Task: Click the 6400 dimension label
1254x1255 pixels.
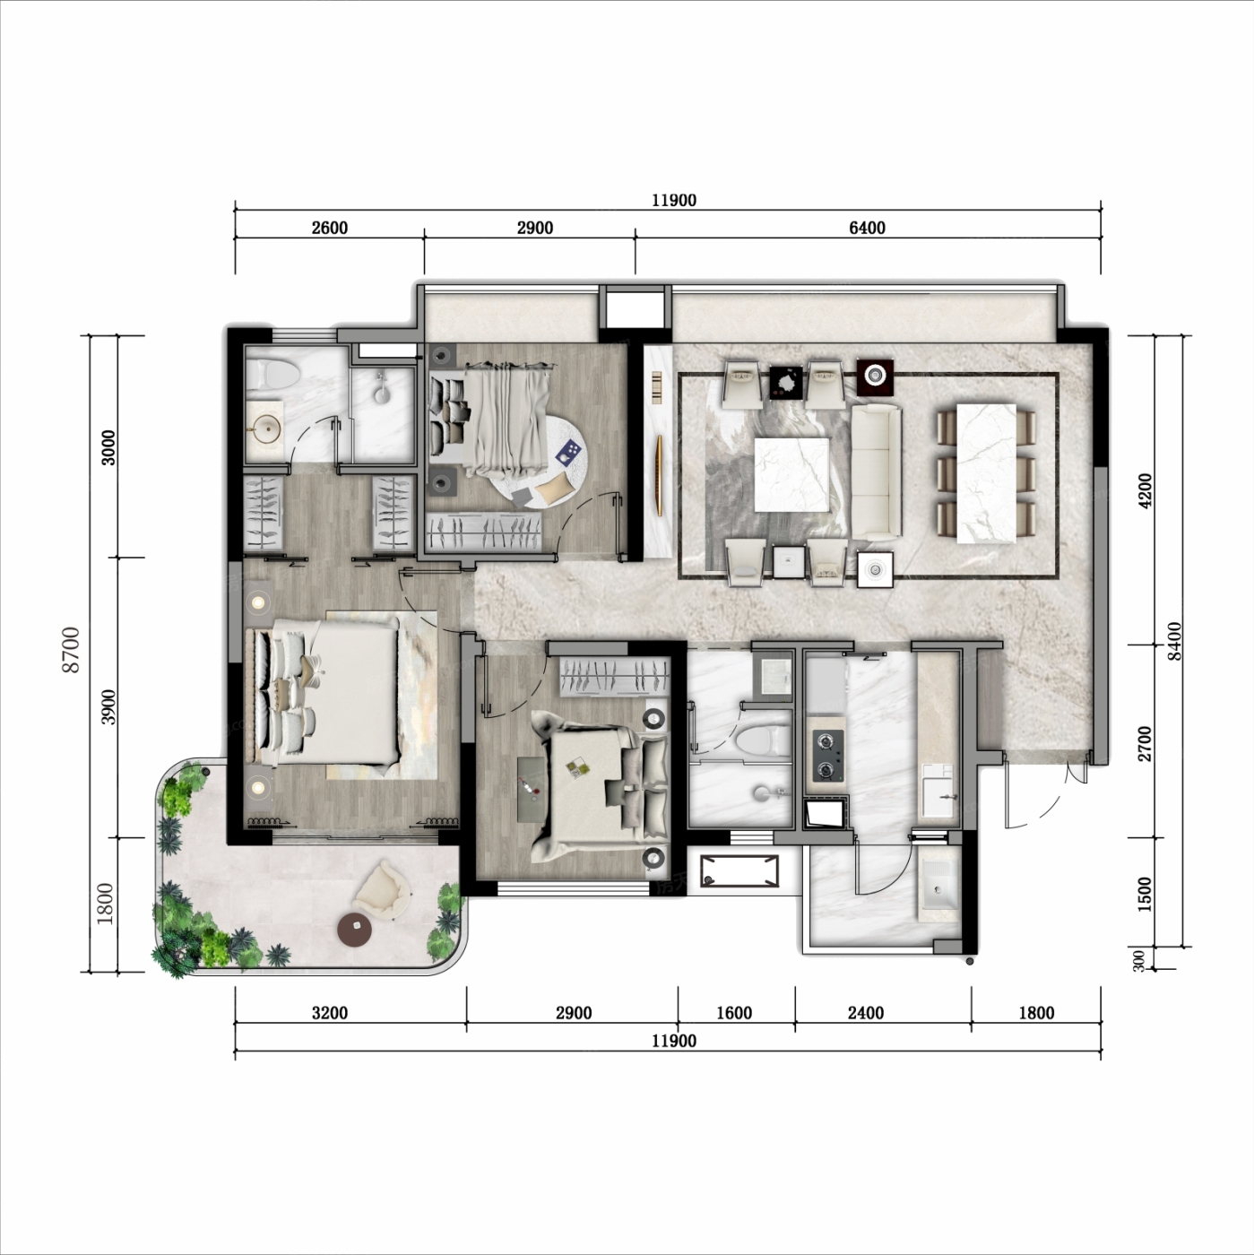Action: point(867,228)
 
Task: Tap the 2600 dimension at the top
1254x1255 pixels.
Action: point(330,228)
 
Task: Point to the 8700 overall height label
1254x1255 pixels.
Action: point(71,649)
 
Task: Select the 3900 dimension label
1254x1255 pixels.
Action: point(108,706)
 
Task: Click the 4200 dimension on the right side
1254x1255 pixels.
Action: point(1146,490)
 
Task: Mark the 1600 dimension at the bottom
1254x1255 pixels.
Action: point(734,1013)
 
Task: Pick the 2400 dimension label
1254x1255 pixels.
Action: point(866,1013)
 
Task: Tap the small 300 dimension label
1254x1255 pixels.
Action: point(1138,961)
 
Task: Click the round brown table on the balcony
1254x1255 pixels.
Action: point(355,928)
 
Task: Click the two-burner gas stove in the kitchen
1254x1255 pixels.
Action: point(828,756)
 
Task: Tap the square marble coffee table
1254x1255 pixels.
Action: point(791,475)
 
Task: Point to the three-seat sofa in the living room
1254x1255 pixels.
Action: point(876,472)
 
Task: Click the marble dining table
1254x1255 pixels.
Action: point(986,473)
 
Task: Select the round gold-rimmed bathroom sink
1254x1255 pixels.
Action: point(265,428)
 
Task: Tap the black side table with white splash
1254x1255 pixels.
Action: point(786,382)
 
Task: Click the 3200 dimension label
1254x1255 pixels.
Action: point(330,1013)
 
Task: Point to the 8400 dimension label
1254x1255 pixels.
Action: point(1174,641)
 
